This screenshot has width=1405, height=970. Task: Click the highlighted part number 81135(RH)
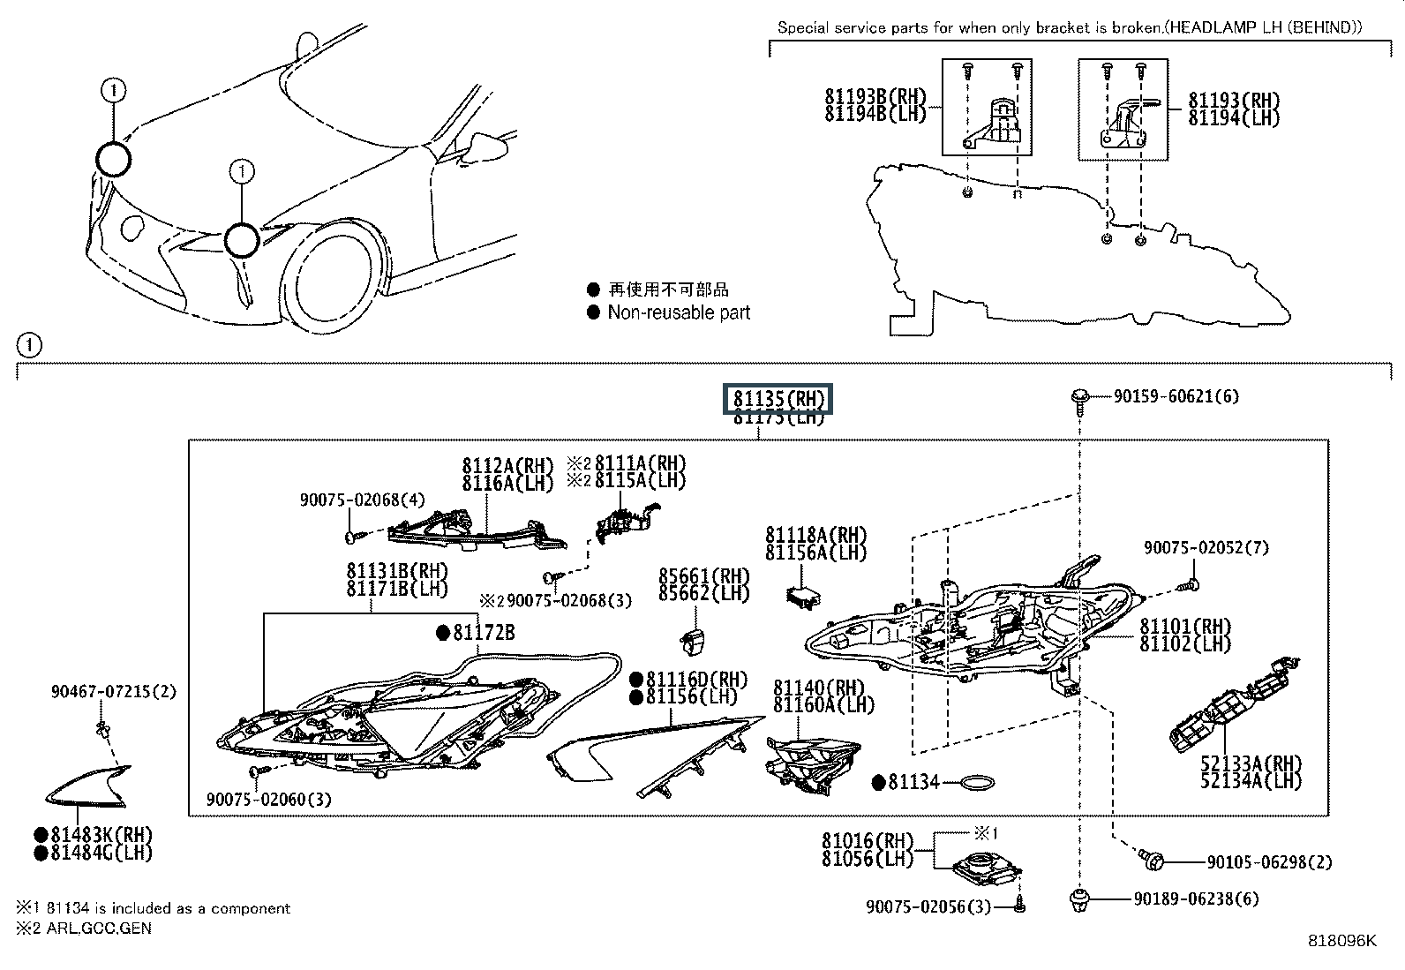(x=778, y=399)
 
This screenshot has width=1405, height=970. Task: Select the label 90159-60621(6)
(x=1176, y=396)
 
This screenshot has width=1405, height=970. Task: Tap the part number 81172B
(x=485, y=632)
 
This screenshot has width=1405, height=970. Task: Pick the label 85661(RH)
(x=704, y=575)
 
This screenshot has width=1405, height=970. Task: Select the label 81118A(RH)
(x=816, y=535)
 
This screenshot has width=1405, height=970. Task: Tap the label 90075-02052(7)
(x=1206, y=547)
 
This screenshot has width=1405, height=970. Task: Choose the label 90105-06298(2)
(x=1269, y=861)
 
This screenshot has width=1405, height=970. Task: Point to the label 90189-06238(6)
(x=1196, y=899)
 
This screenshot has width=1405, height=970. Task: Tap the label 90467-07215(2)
(x=113, y=692)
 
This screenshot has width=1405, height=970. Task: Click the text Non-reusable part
(x=679, y=312)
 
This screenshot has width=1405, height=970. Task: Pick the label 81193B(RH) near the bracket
(x=875, y=97)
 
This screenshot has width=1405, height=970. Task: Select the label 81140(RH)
(x=818, y=687)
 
